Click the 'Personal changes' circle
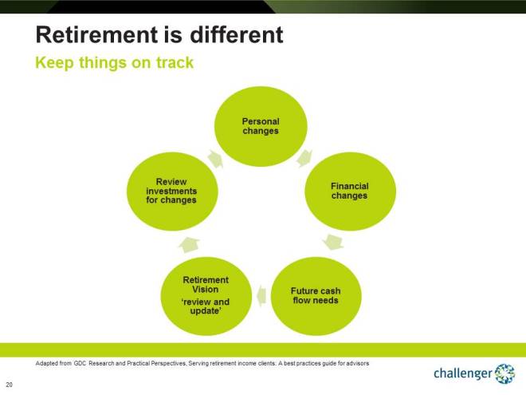pos(261,127)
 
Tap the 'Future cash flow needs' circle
pos(314,295)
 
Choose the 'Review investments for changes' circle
pos(171,192)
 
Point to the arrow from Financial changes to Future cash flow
pos(335,240)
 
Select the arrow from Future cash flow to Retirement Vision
pos(261,297)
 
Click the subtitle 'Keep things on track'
pos(114,62)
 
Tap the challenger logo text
pos(462,373)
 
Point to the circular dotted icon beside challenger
pos(504,373)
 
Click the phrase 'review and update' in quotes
pos(206,306)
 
